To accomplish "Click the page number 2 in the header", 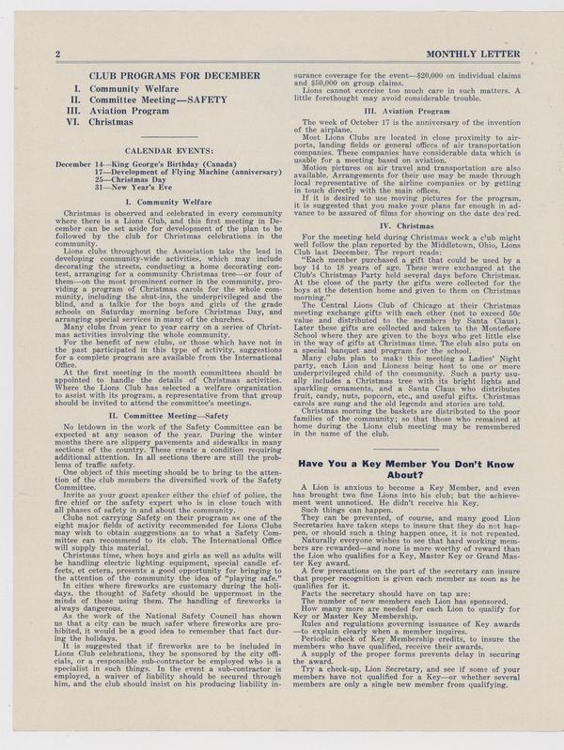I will pyautogui.click(x=58, y=55).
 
